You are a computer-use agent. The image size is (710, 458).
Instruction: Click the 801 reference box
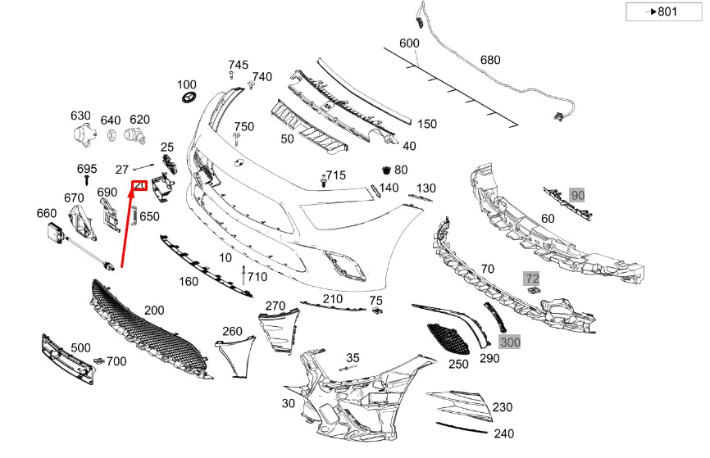tap(663, 11)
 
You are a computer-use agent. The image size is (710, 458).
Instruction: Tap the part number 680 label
tap(489, 60)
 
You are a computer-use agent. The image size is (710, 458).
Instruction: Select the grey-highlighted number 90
tap(578, 195)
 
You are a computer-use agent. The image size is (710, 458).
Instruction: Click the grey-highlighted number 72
tap(532, 279)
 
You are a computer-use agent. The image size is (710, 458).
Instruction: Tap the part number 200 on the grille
tap(154, 311)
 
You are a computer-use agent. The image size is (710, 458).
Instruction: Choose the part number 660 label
tap(47, 213)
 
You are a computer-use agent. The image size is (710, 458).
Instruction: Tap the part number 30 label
tap(288, 403)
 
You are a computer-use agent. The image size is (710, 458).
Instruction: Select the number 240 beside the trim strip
tap(503, 434)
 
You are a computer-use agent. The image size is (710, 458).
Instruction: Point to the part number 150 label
tap(427, 124)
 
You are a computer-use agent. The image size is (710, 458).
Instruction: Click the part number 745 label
tap(238, 65)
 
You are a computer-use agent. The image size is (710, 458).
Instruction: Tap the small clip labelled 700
tap(98, 361)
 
